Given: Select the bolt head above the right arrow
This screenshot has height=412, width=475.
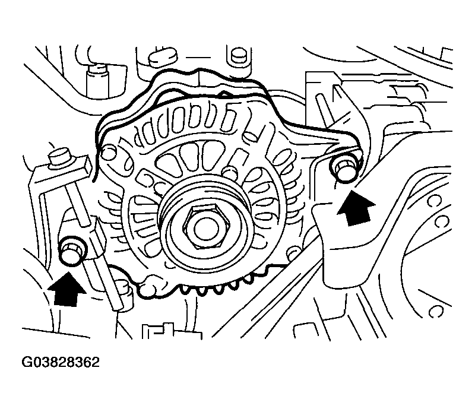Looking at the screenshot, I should click(343, 168).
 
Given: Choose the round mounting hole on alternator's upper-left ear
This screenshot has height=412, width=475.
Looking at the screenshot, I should click(107, 154).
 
